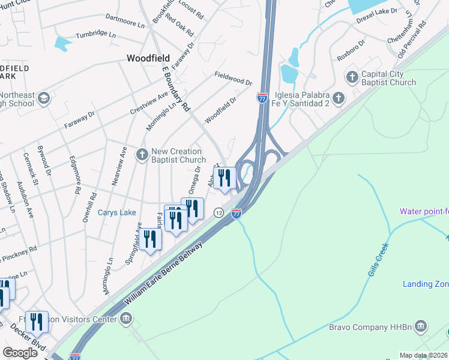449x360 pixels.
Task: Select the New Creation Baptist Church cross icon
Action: coord(142,155)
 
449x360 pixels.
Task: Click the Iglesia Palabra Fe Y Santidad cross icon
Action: coord(339,97)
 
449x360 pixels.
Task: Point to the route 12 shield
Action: coord(218,212)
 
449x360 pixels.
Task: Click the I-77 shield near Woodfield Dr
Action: coord(262,97)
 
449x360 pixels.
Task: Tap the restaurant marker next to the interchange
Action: coord(224,178)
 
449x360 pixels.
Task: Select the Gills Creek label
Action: coord(379,260)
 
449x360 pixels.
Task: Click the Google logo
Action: coord(20,352)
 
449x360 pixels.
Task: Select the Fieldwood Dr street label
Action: coord(233,77)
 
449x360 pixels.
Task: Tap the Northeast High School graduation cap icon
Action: coord(43,98)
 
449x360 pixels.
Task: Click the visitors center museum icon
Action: coord(126,318)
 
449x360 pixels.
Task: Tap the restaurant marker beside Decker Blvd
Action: coord(37,322)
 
